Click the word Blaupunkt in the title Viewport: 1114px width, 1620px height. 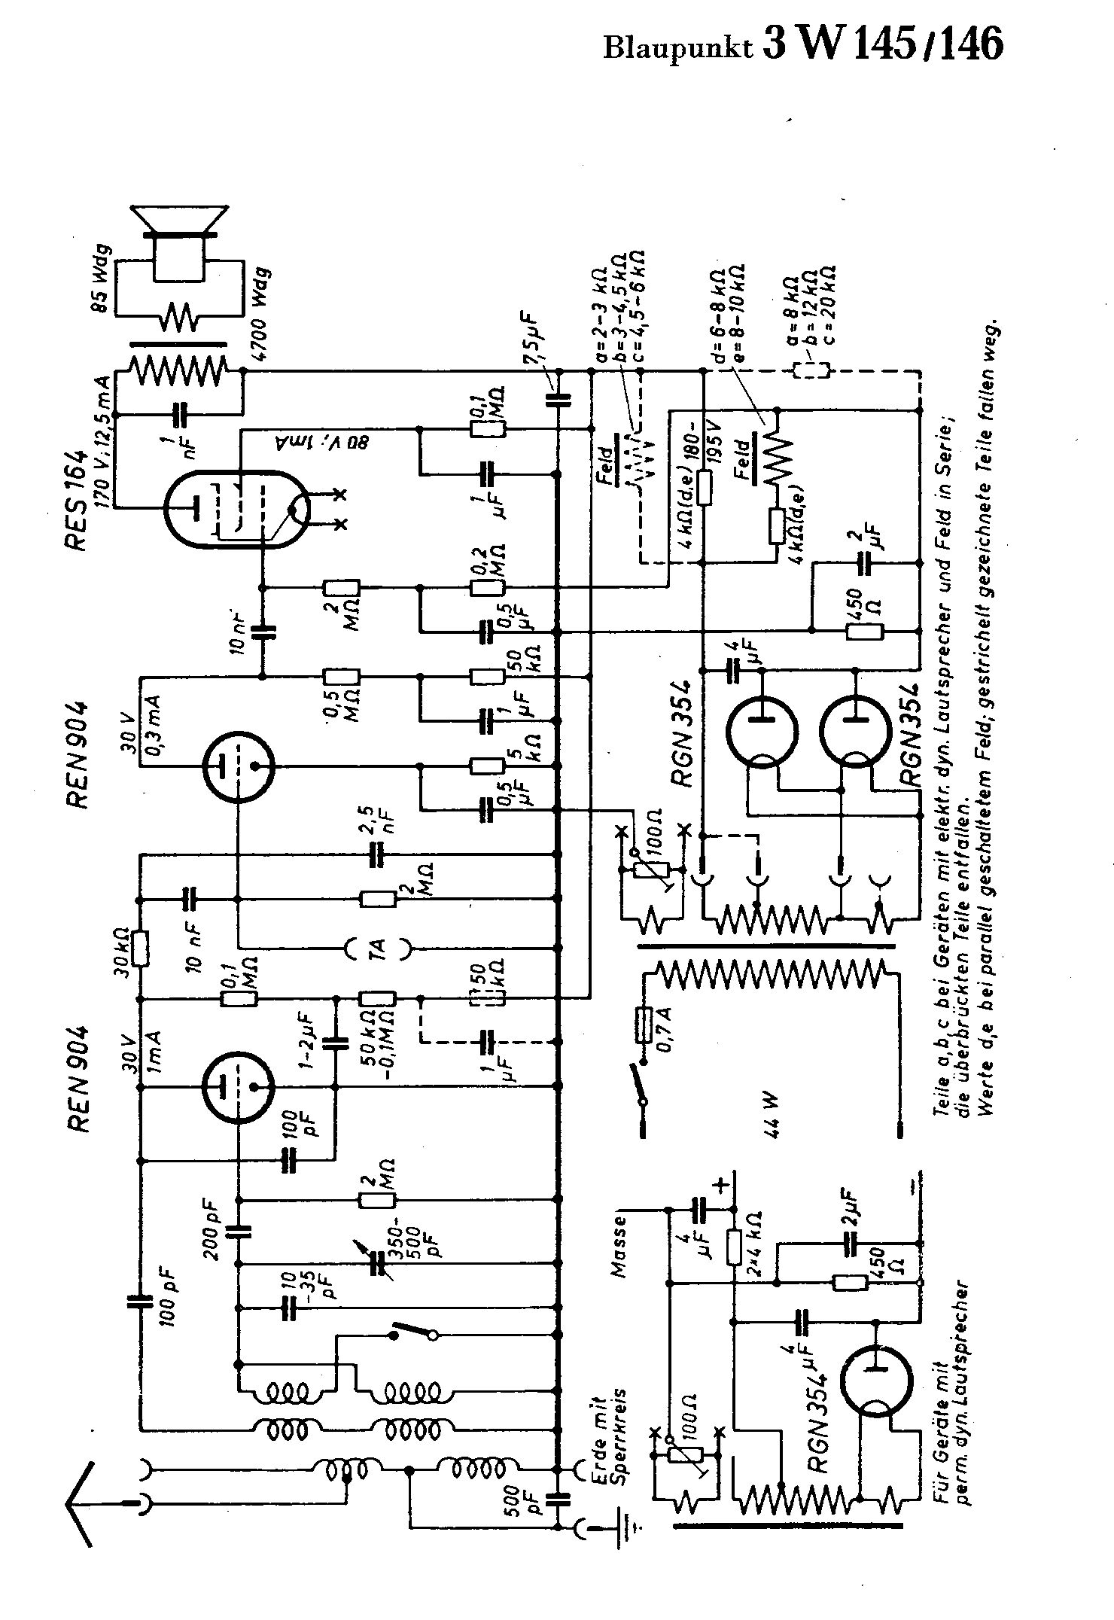[x=678, y=47]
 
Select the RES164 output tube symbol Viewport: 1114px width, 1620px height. [x=236, y=510]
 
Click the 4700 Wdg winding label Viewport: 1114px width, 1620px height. [x=263, y=316]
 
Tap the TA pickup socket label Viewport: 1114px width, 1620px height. [x=378, y=949]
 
